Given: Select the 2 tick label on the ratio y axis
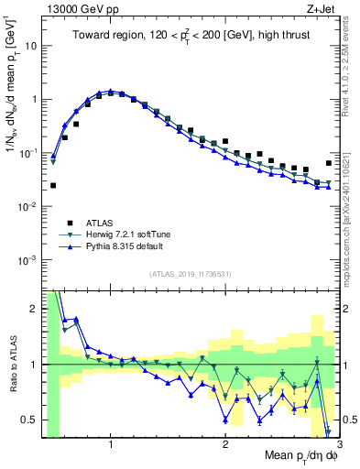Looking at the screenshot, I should pos(34,309).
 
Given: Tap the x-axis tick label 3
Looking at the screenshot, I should pos(339,445).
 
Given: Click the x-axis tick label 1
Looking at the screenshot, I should pos(111,445).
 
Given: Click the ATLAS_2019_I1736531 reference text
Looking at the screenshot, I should pos(190,274).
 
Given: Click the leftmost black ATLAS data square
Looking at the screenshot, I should pos(53,185).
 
